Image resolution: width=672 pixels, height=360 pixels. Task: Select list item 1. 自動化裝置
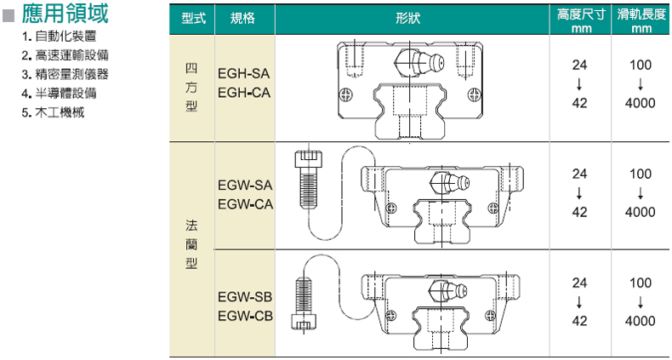pos(59,37)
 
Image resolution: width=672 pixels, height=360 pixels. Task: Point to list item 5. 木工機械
pos(53,111)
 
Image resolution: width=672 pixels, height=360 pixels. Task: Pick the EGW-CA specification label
pos(244,203)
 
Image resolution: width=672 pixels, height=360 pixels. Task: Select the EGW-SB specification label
pos(244,298)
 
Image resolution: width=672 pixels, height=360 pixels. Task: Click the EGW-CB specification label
pos(244,317)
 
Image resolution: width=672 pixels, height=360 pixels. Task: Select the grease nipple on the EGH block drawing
pos(417,62)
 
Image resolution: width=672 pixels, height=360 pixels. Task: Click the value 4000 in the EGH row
pos(640,103)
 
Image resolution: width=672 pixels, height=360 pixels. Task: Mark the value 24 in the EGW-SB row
pos(579,283)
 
